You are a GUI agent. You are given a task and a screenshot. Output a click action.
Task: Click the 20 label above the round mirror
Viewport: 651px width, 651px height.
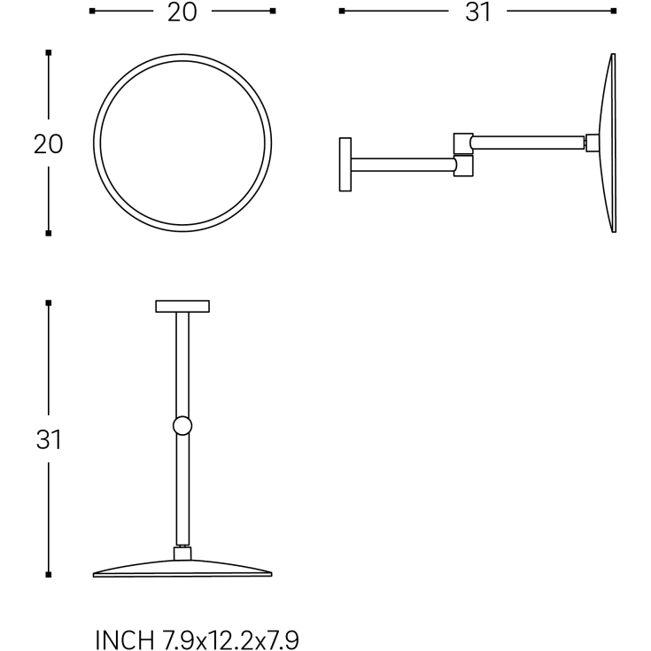click(182, 12)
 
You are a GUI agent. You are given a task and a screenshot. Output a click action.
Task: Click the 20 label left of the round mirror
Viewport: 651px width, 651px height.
click(49, 143)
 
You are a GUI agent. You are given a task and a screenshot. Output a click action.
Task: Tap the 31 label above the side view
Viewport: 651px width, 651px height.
click(477, 12)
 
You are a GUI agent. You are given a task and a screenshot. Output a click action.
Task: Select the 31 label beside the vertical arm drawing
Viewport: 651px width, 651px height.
click(49, 439)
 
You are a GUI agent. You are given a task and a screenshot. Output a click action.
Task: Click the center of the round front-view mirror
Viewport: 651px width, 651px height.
click(182, 143)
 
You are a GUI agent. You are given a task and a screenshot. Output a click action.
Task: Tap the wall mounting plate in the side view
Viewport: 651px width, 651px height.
click(345, 164)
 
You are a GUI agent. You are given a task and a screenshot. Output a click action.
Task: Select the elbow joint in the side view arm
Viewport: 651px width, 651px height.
click(463, 155)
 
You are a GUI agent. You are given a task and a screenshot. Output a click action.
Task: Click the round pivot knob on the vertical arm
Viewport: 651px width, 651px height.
click(182, 426)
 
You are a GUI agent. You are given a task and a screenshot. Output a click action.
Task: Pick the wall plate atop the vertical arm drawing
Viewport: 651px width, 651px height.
click(182, 306)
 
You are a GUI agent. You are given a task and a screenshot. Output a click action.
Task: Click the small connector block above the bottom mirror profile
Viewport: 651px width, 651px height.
click(182, 554)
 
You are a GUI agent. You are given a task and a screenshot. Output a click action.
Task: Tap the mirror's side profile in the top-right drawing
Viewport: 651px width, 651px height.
click(608, 143)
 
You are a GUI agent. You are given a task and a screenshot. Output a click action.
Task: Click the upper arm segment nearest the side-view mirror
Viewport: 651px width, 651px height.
click(528, 142)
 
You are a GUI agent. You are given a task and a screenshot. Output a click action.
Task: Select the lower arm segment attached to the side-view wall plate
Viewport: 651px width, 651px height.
click(403, 164)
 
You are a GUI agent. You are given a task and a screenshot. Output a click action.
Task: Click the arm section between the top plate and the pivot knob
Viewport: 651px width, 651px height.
click(182, 363)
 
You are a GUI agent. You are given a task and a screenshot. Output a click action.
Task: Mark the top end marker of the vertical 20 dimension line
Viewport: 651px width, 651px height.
click(49, 53)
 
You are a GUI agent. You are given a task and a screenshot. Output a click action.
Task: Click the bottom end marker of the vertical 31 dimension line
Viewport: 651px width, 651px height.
click(49, 575)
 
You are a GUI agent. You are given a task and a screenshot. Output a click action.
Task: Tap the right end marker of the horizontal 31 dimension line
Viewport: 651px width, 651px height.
click(613, 12)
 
